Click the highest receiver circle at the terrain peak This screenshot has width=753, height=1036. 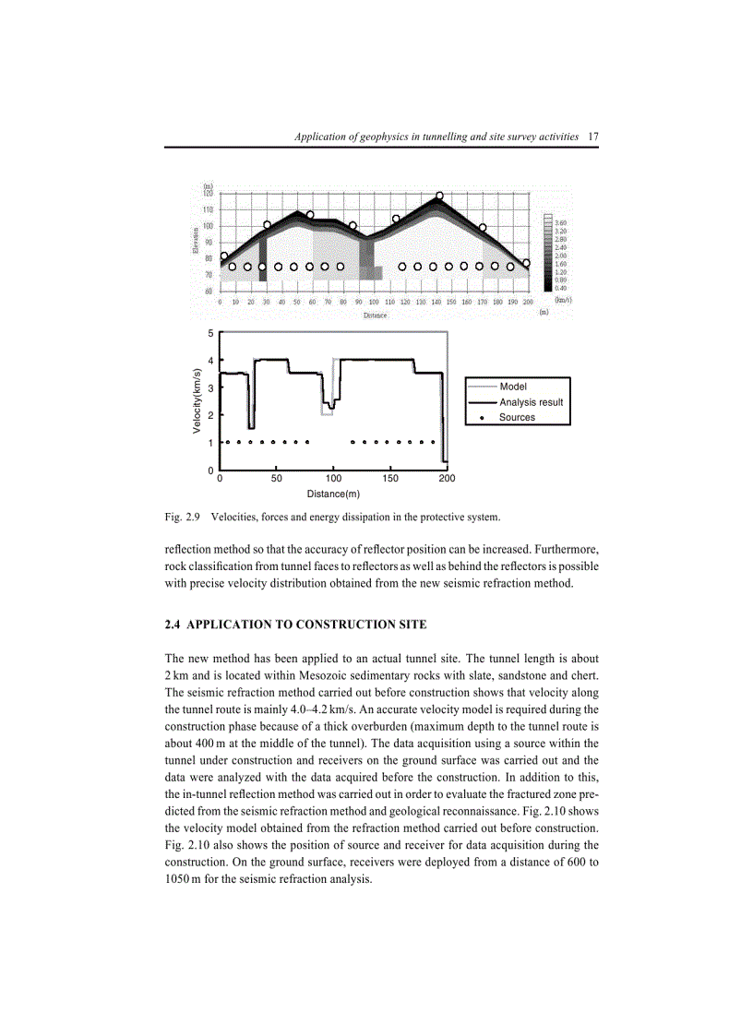tap(439, 196)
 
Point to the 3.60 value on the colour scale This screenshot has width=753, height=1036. tap(561, 222)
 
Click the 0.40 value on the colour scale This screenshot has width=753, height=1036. tap(561, 288)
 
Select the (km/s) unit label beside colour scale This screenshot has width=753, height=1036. tap(562, 299)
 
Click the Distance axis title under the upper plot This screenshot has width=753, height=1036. tap(376, 315)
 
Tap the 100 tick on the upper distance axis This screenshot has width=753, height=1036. tap(374, 302)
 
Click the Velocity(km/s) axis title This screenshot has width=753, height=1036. tap(197, 401)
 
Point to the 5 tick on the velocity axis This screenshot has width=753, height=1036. tap(209, 333)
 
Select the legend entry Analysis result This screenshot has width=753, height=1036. tap(531, 402)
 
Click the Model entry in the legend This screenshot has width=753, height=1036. tap(513, 387)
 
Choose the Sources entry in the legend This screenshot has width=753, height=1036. tap(517, 417)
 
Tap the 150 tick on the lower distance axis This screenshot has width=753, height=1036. tap(389, 479)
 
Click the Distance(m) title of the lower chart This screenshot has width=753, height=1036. tap(333, 494)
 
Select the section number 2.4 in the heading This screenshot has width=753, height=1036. tap(173, 625)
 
